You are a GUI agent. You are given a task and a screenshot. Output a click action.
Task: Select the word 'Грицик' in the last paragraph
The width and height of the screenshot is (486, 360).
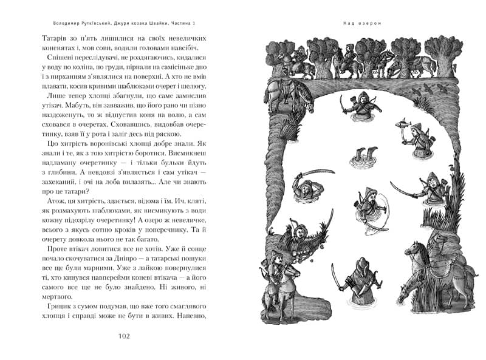pyautogui.click(x=67, y=307)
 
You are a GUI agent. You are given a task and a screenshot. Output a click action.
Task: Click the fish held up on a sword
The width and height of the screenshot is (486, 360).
pyautogui.click(x=400, y=123)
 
